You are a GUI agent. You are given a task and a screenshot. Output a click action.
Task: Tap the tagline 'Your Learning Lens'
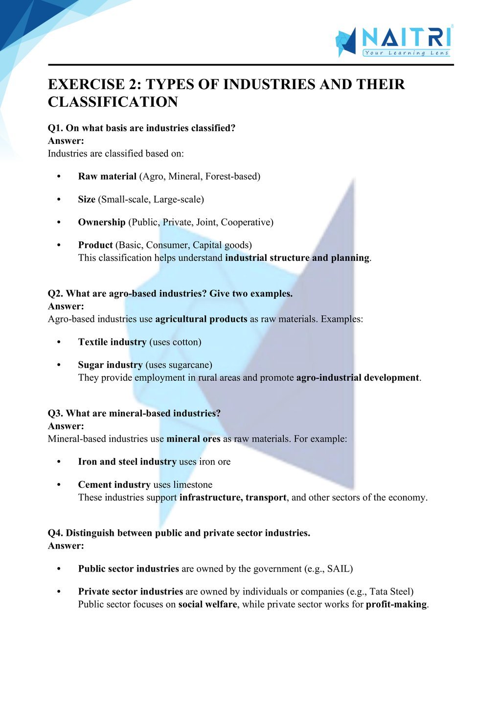tap(406, 53)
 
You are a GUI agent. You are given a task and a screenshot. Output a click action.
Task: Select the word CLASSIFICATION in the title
tap(113, 102)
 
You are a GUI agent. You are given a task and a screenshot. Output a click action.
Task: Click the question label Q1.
tap(55, 128)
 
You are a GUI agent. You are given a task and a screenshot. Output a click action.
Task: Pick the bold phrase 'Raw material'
tap(107, 177)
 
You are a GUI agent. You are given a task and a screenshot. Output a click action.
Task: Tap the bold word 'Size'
tap(87, 200)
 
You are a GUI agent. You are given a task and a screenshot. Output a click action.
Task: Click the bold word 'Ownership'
tap(102, 223)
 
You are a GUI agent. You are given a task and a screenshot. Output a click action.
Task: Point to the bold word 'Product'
tap(95, 245)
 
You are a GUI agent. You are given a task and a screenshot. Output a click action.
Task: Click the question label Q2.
tap(55, 294)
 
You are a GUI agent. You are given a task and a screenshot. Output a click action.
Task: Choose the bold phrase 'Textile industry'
tap(112, 342)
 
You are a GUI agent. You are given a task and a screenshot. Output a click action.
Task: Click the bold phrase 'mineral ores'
tap(193, 439)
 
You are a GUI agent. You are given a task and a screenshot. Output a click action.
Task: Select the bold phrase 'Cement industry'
tap(114, 485)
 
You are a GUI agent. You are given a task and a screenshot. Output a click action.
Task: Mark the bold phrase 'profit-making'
tap(396, 605)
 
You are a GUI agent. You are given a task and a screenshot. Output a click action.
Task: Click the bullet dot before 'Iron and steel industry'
tap(59, 462)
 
